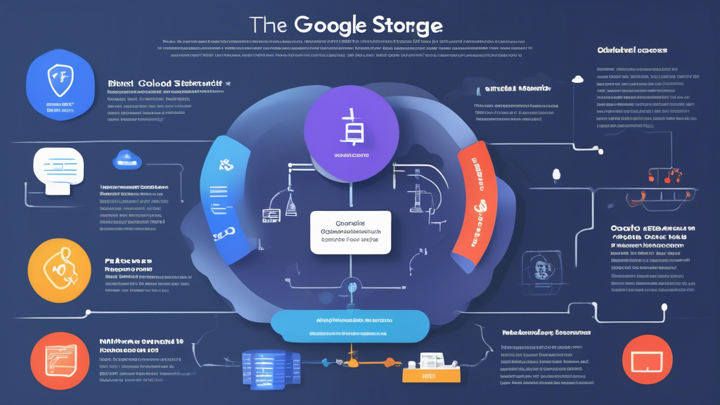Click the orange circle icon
60,271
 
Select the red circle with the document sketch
59,360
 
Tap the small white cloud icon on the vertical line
579,79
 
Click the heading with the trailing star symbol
169,84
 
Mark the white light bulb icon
554,173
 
